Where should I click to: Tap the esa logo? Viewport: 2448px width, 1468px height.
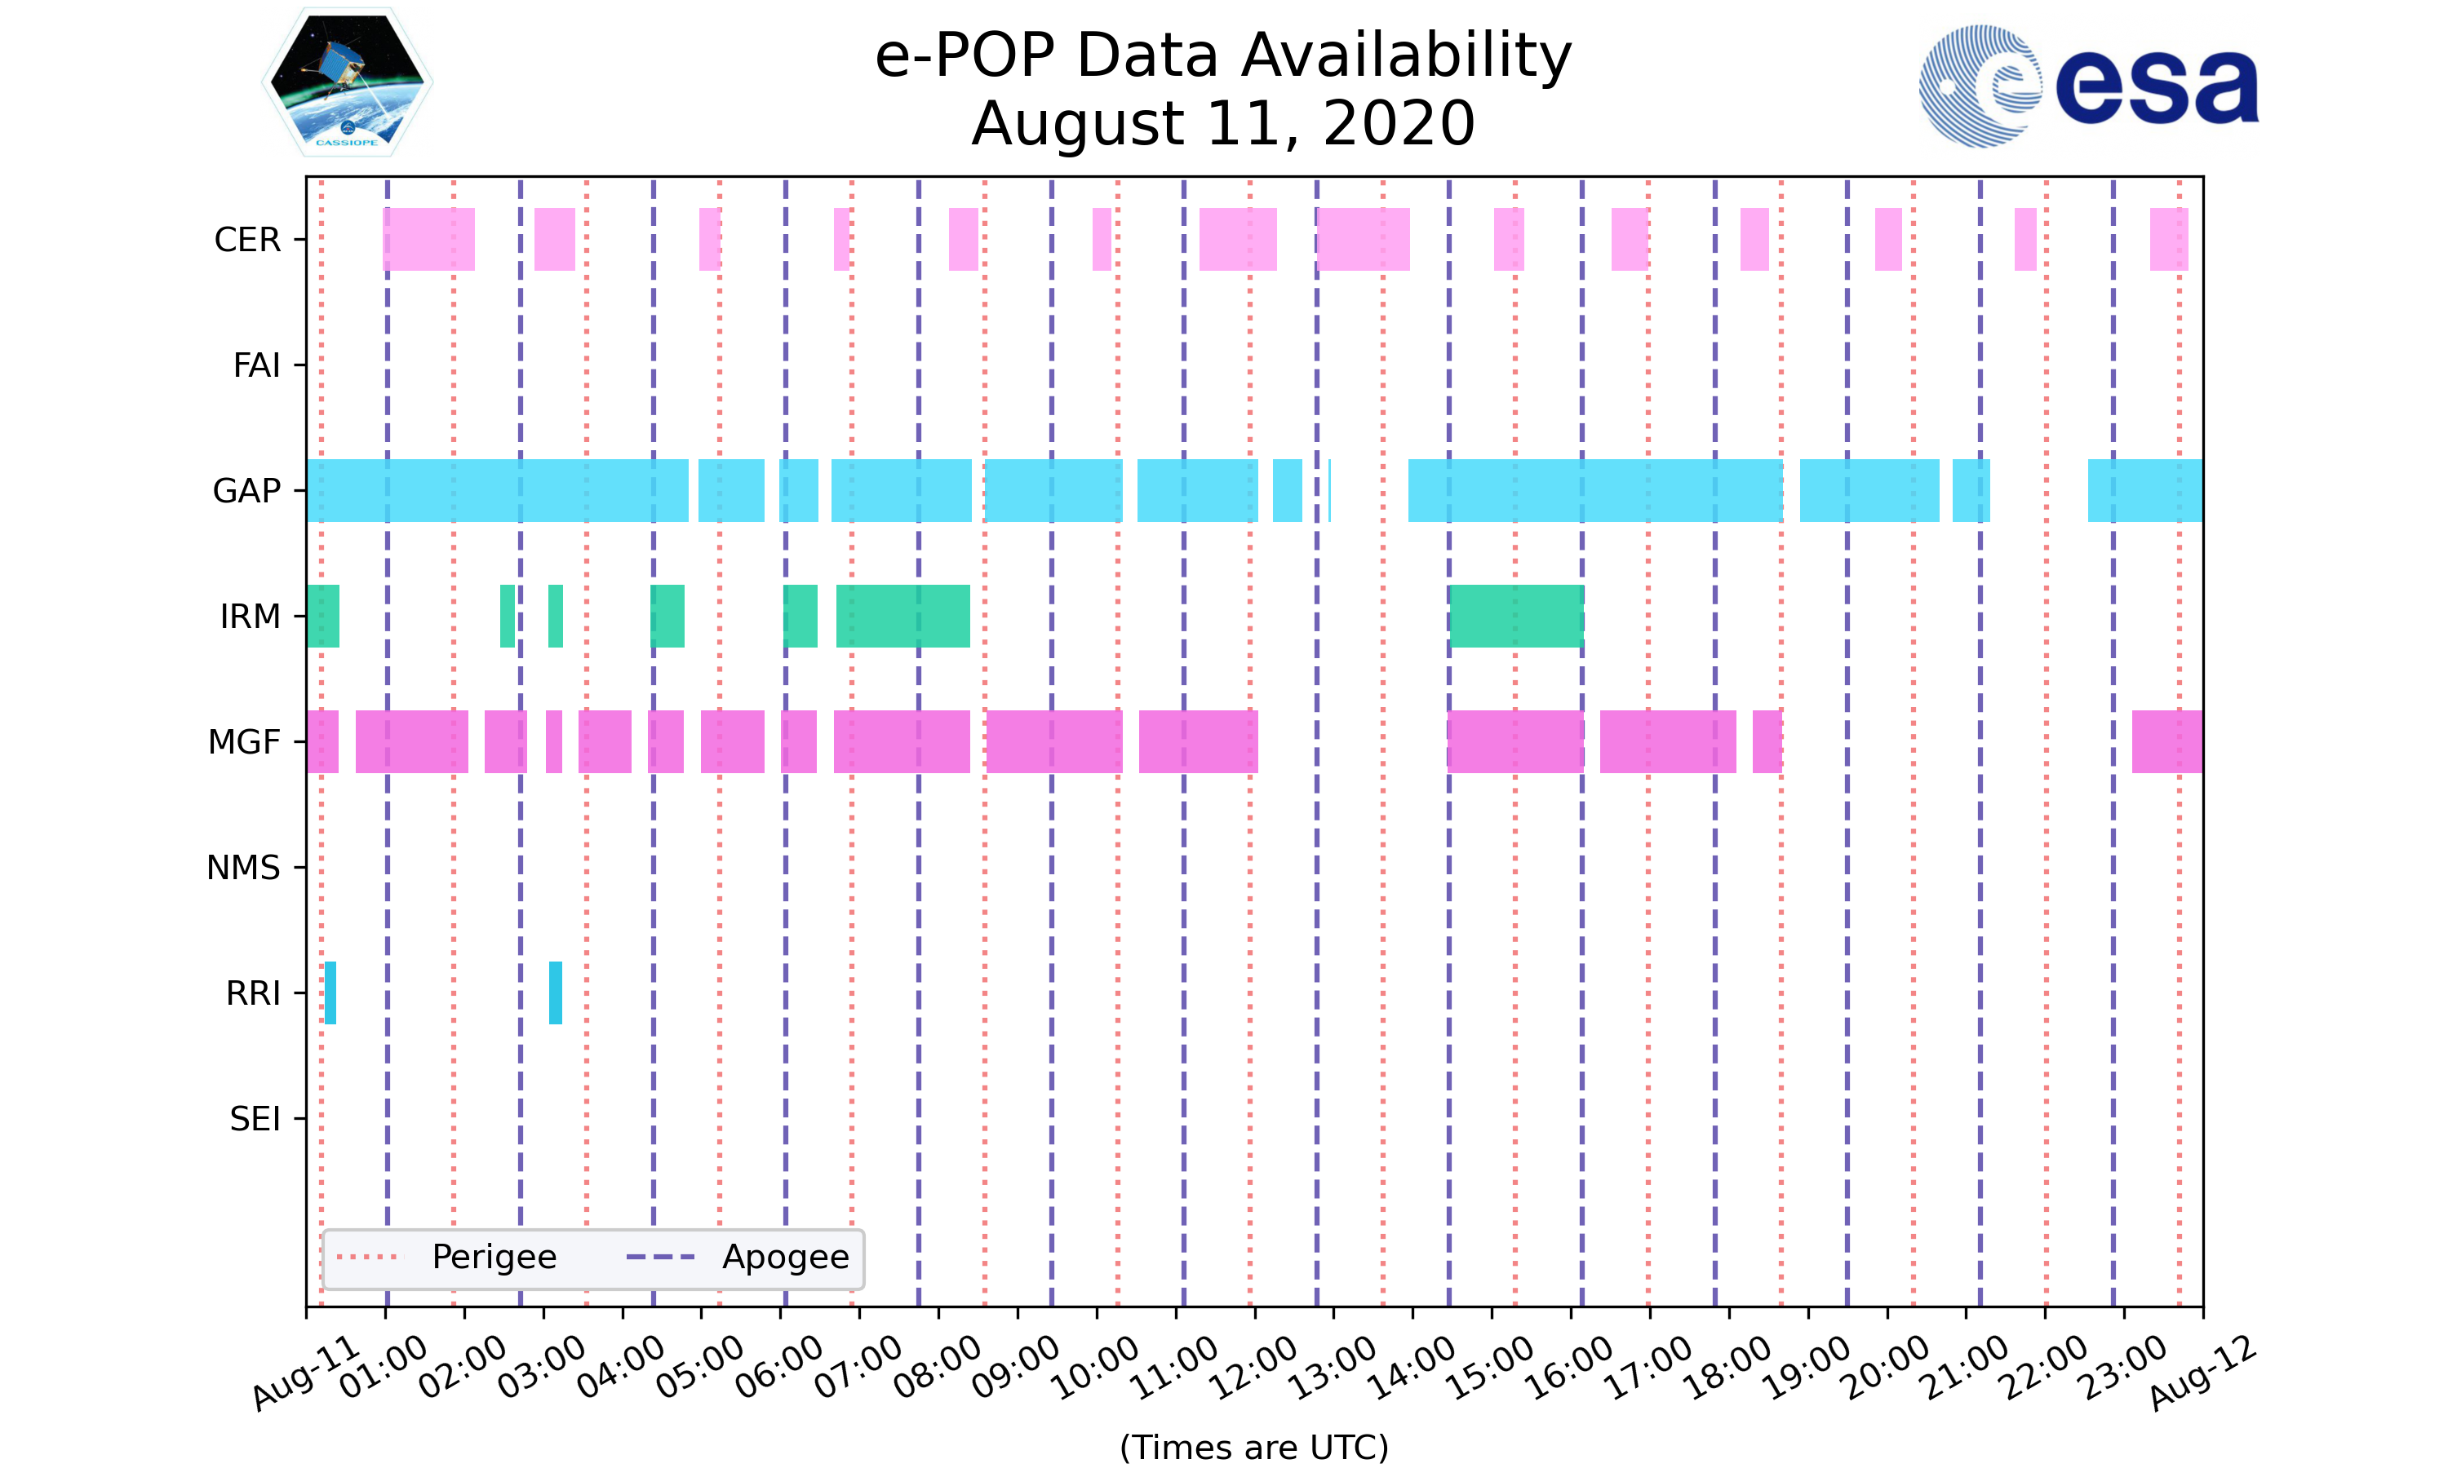click(2088, 86)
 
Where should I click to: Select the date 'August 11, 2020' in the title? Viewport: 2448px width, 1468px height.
click(1223, 124)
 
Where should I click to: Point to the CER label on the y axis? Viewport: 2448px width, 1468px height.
click(247, 240)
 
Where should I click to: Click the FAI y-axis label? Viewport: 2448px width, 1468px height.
click(256, 365)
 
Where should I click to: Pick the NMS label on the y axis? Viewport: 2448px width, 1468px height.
click(243, 868)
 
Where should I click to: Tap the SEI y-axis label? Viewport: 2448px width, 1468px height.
click(255, 1119)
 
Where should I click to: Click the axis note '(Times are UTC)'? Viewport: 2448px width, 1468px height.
click(1253, 1448)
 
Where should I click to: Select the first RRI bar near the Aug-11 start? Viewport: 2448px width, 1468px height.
click(330, 993)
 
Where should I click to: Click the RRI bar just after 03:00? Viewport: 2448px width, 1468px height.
click(555, 993)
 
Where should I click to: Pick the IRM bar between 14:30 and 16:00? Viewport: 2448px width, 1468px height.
click(1516, 617)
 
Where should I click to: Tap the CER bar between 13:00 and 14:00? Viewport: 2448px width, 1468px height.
click(1363, 240)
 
